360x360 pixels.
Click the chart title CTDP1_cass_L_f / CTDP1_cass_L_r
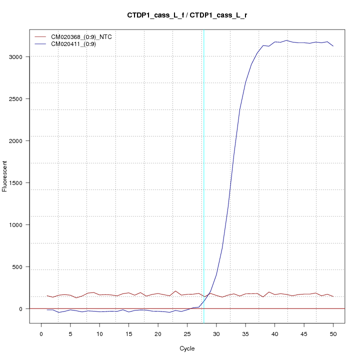pyautogui.click(x=186, y=15)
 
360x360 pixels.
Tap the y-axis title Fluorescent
pyautogui.click(x=5, y=175)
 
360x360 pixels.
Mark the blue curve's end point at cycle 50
pyautogui.click(x=333, y=46)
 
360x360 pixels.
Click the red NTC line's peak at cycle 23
pyautogui.click(x=175, y=291)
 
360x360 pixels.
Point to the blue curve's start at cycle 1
pyautogui.click(x=47, y=310)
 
